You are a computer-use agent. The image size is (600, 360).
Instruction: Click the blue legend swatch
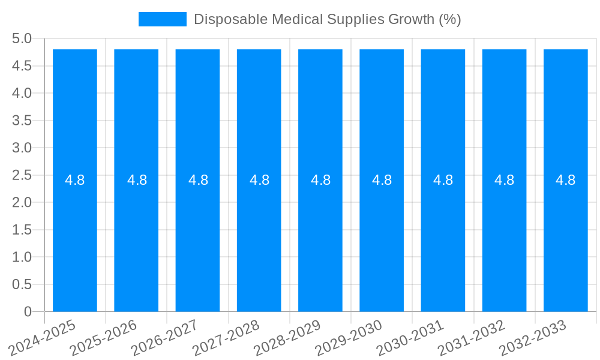pyautogui.click(x=162, y=19)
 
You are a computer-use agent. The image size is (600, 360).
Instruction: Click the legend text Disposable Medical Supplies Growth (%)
pyautogui.click(x=327, y=19)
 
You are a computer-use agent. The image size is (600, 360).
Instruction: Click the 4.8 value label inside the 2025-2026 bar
pyautogui.click(x=137, y=180)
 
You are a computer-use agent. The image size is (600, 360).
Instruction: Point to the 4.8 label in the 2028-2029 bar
pyautogui.click(x=320, y=180)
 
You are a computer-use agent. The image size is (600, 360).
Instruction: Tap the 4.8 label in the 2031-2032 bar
pyautogui.click(x=504, y=180)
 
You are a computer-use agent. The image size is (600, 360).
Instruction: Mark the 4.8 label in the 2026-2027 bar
pyautogui.click(x=198, y=180)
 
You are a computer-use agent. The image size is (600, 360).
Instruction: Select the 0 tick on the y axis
pyautogui.click(x=28, y=311)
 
